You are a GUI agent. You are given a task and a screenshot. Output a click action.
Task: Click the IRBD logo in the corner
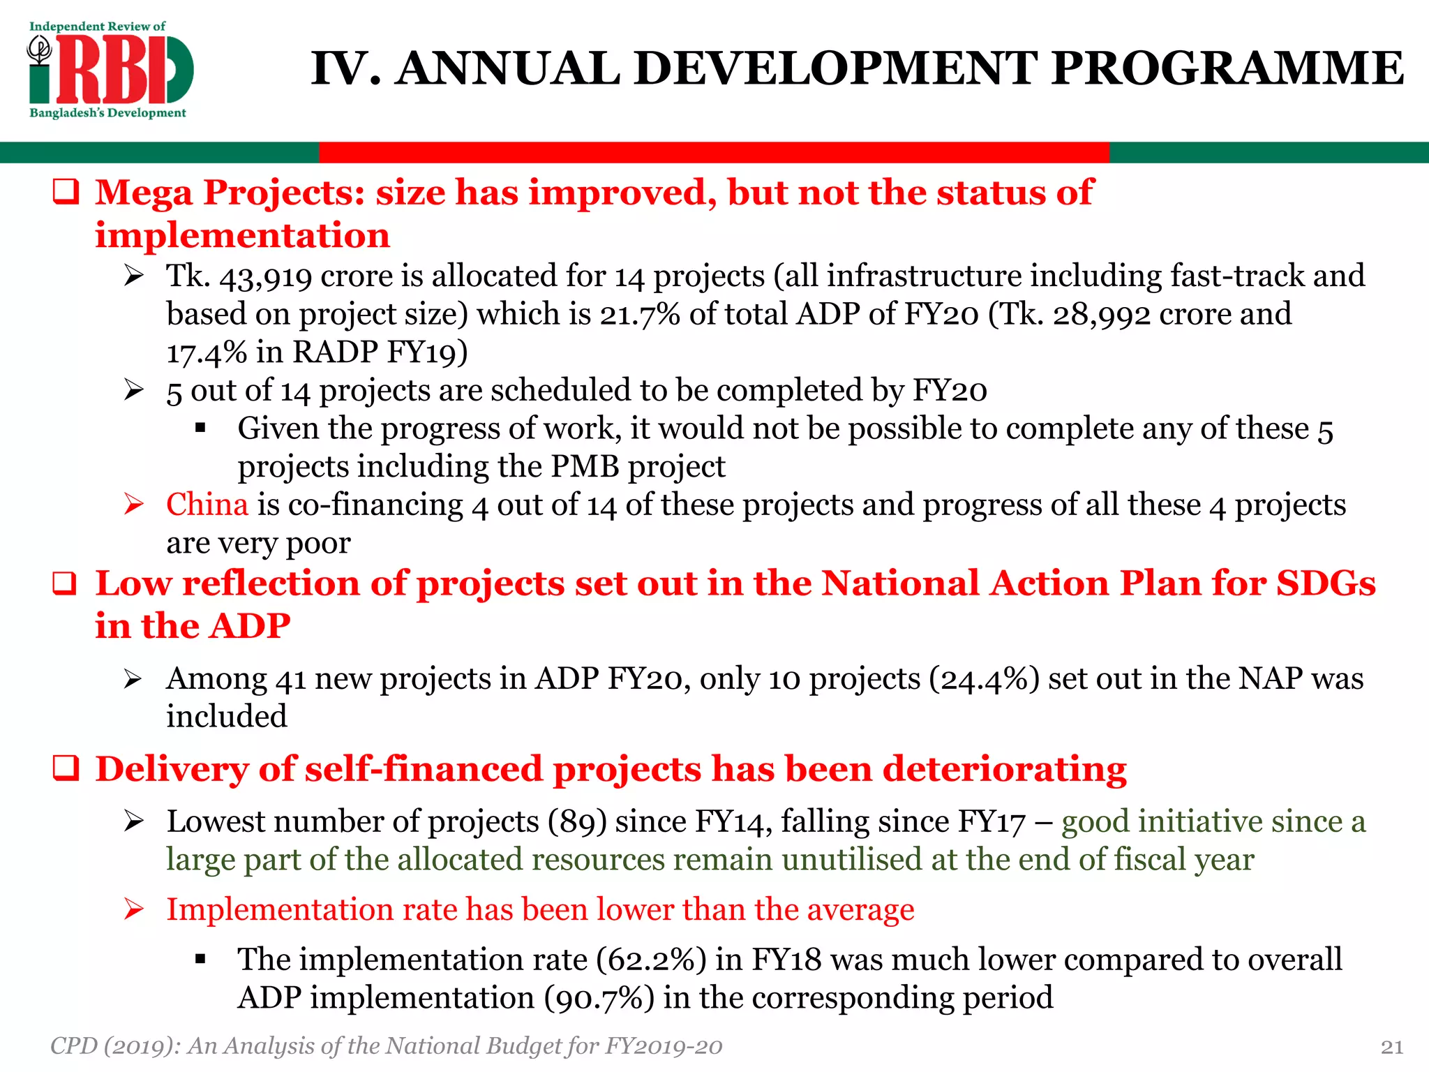coord(110,70)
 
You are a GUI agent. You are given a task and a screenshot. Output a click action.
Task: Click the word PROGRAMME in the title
coord(1227,68)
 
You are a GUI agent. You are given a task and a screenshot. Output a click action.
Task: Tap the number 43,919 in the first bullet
coord(265,277)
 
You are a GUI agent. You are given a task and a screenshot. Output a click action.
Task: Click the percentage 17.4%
coord(207,352)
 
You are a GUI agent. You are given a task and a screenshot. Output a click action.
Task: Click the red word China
coord(207,505)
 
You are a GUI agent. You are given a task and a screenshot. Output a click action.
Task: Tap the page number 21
coord(1392,1047)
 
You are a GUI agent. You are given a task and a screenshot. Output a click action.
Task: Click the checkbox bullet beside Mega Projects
coord(66,193)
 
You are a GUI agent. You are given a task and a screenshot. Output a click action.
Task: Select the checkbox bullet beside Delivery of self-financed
coord(66,769)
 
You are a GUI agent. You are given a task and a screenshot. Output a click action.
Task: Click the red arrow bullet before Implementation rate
coord(134,910)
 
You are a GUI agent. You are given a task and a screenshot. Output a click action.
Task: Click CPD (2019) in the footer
coord(112,1046)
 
